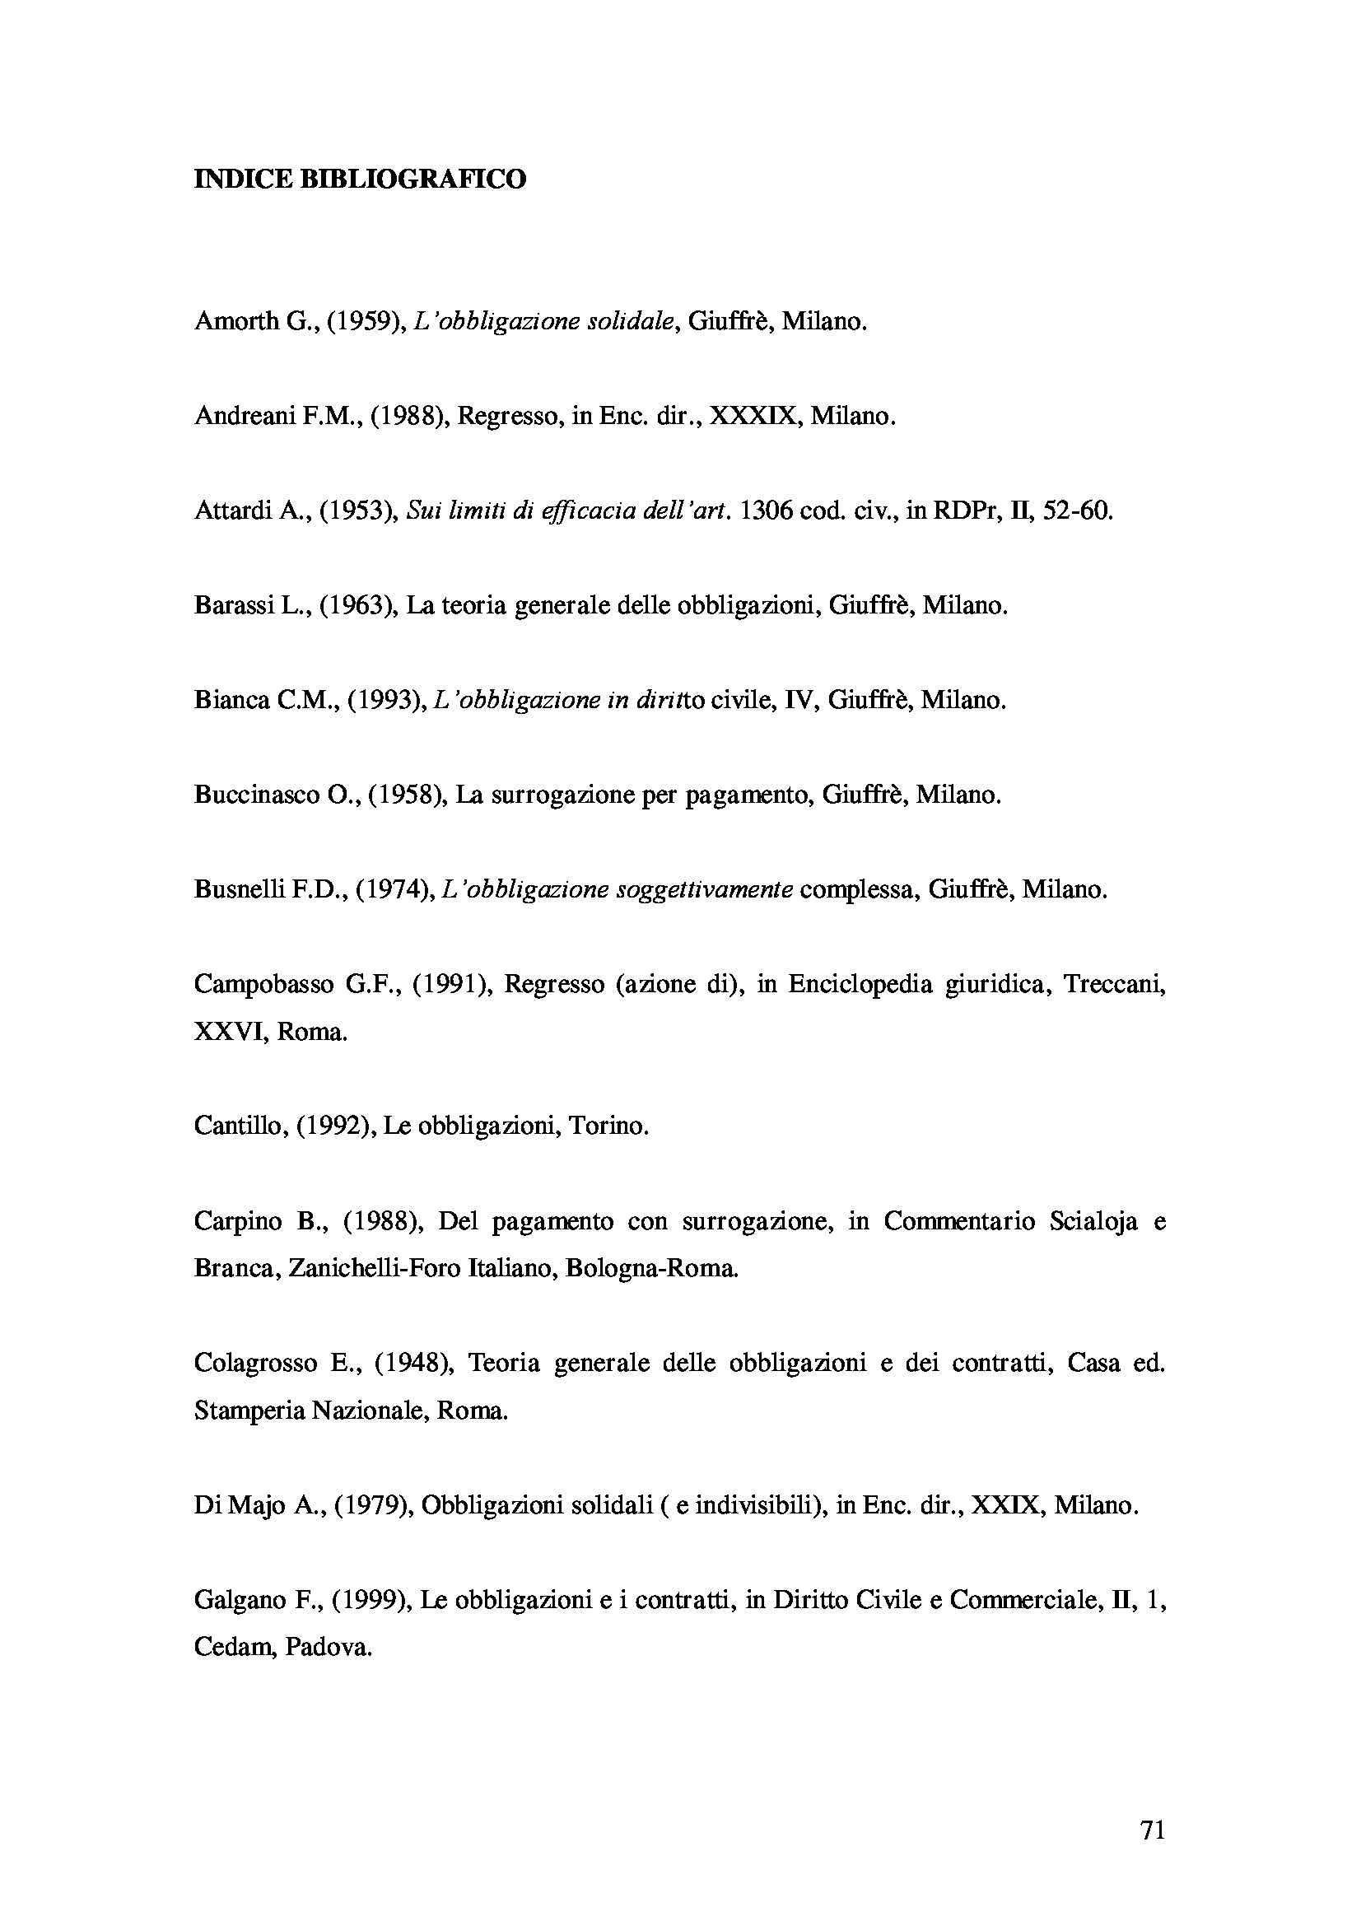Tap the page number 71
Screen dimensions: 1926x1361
[1153, 1830]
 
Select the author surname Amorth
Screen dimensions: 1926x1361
[235, 321]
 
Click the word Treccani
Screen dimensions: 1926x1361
[1115, 984]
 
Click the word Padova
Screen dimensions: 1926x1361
[328, 1648]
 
